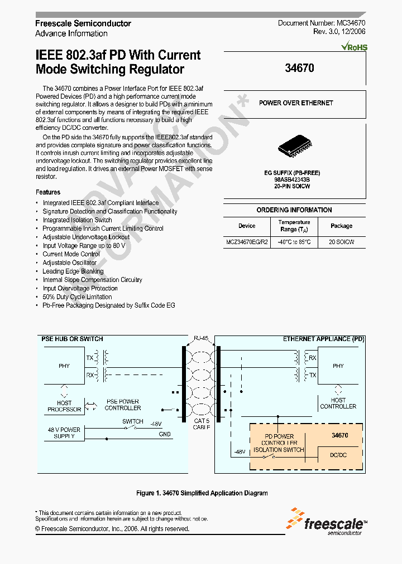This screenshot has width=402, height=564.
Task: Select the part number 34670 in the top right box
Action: pyautogui.click(x=299, y=69)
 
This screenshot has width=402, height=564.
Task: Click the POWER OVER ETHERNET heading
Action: pyautogui.click(x=295, y=103)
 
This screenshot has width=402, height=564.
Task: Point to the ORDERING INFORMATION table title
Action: pyautogui.click(x=294, y=210)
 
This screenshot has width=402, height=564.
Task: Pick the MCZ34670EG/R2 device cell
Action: pyautogui.click(x=247, y=242)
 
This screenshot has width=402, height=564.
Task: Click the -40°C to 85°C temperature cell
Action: pyautogui.click(x=295, y=242)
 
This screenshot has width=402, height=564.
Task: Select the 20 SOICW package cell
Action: pyautogui.click(x=341, y=242)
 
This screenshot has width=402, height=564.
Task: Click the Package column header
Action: pyautogui.click(x=341, y=226)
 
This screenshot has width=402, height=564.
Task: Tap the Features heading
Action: pyautogui.click(x=47, y=192)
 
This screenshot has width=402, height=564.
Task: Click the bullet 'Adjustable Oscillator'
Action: pyautogui.click(x=70, y=262)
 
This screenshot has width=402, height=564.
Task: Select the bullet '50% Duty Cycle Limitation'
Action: pyautogui.click(x=77, y=297)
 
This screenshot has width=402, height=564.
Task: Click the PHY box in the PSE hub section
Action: pyautogui.click(x=64, y=366)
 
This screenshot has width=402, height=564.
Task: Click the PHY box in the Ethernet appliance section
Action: pyautogui.click(x=338, y=366)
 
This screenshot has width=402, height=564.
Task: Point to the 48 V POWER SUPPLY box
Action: pyautogui.click(x=64, y=433)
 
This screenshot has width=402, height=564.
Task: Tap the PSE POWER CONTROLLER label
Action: pyautogui.click(x=122, y=405)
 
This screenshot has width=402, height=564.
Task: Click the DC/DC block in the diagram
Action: pyautogui.click(x=339, y=455)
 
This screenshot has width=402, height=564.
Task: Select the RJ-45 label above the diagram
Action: pyautogui.click(x=200, y=338)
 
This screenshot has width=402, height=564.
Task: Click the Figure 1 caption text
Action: pyautogui.click(x=202, y=493)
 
